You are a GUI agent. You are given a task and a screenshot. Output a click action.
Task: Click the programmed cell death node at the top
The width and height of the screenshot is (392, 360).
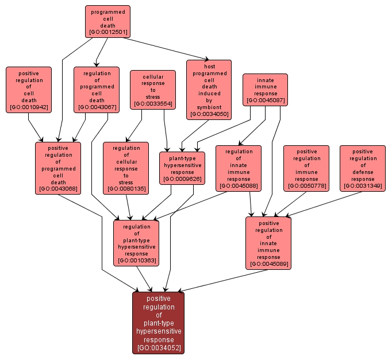tap(107, 21)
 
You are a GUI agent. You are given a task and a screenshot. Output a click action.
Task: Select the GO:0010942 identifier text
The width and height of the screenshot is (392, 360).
tap(29, 107)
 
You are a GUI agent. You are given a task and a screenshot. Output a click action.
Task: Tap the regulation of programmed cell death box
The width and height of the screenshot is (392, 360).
tap(97, 90)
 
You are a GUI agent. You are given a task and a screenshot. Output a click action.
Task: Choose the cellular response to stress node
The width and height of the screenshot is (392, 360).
tap(152, 90)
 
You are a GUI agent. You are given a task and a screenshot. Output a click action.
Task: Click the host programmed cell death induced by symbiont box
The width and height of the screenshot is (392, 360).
tap(209, 90)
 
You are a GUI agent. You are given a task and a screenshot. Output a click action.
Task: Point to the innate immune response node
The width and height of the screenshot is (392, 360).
tap(265, 89)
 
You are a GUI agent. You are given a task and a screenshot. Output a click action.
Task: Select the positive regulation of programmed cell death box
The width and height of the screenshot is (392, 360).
tap(58, 168)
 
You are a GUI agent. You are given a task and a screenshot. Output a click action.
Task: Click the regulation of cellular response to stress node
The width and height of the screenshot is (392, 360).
tap(126, 168)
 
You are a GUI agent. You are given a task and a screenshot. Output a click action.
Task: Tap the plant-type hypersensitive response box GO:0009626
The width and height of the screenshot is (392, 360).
tap(182, 168)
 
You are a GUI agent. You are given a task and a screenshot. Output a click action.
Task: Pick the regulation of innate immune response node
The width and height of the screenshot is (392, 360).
tap(239, 168)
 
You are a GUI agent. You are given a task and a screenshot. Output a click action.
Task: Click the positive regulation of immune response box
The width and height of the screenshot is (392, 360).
tap(306, 168)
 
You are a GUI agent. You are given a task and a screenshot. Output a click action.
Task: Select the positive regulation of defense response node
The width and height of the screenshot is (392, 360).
tap(363, 168)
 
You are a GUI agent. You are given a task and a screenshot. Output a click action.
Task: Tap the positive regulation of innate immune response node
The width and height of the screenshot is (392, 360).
tap(268, 243)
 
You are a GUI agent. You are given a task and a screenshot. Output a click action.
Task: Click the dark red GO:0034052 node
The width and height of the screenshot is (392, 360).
tap(158, 323)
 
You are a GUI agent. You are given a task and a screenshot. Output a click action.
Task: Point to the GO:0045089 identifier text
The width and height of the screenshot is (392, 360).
tap(268, 265)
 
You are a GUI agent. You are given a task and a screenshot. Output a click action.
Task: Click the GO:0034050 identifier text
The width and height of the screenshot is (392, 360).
tap(209, 114)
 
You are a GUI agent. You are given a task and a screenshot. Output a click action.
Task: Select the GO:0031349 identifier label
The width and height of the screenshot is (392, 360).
tap(363, 186)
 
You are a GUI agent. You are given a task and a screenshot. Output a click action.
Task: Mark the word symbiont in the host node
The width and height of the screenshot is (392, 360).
tap(209, 107)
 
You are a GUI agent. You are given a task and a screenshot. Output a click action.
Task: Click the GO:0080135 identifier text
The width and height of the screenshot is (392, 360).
tap(126, 189)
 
